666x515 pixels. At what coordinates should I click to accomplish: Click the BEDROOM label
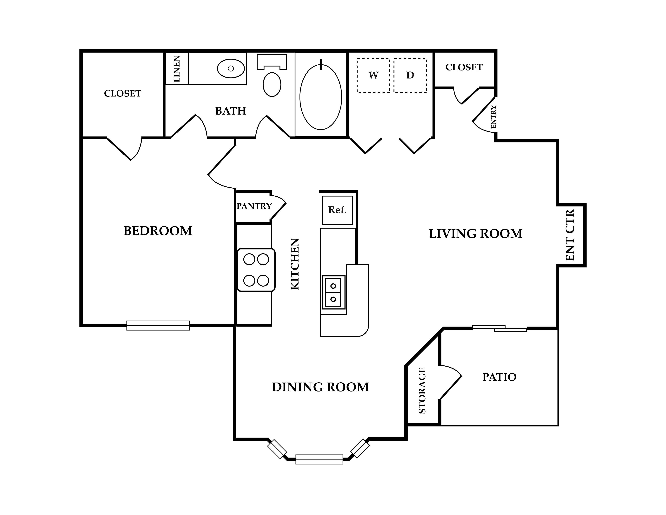point(158,231)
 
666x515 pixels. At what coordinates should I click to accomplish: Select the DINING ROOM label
point(320,387)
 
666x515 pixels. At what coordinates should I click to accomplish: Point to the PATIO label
point(499,377)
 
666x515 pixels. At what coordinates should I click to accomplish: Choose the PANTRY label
point(254,206)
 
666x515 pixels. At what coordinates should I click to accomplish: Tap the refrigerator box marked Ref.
point(337,210)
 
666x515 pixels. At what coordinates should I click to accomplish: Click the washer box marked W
point(373,75)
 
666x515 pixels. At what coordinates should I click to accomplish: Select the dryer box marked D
point(410,75)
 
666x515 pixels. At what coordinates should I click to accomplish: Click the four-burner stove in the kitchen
point(256,270)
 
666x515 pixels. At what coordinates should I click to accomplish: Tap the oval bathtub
point(321,97)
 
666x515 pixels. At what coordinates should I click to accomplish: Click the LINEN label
point(177,69)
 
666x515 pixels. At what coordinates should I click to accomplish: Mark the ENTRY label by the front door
point(493,117)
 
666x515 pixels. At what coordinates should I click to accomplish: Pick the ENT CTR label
point(570,235)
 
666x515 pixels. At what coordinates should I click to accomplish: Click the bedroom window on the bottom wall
point(158,326)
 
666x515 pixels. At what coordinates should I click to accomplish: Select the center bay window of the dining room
point(319,460)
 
